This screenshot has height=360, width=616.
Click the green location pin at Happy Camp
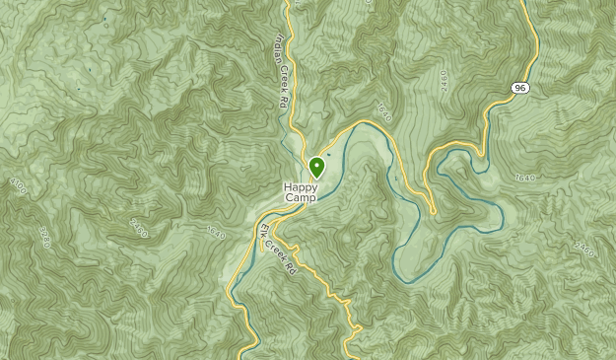pyautogui.click(x=316, y=167)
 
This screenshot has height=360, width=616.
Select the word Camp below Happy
pyautogui.click(x=302, y=197)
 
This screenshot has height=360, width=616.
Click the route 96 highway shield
pyautogui.click(x=520, y=88)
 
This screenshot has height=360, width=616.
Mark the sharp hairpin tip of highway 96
pyautogui.click(x=433, y=210)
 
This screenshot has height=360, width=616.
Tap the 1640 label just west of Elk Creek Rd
pyautogui.click(x=215, y=233)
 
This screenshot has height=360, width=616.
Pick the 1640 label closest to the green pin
pyautogui.click(x=382, y=113)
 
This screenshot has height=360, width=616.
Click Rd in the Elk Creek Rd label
pyautogui.click(x=290, y=266)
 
